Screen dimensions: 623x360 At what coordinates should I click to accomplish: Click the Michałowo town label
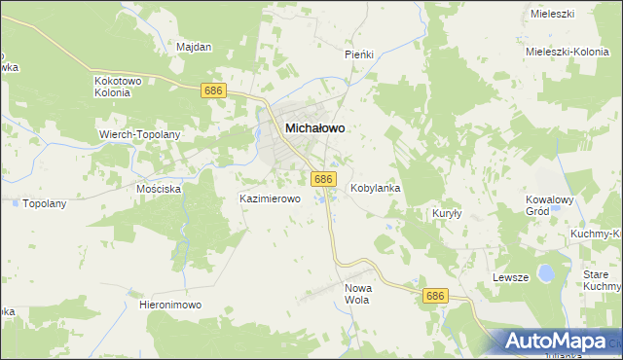click(x=314, y=127)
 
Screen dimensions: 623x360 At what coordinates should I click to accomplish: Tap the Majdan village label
click(x=194, y=46)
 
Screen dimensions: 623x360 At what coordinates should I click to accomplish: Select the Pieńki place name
click(x=359, y=54)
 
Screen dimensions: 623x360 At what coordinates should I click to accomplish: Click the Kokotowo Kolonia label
click(x=118, y=88)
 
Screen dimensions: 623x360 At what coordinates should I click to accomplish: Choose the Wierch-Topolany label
click(x=140, y=133)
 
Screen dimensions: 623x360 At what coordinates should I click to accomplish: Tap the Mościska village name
click(x=160, y=189)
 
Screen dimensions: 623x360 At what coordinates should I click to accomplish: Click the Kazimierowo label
click(x=271, y=198)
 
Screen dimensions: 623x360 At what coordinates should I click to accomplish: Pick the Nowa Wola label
click(x=360, y=295)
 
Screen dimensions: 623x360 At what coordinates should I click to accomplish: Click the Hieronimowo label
click(x=170, y=305)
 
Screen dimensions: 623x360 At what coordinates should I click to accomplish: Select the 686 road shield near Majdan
click(x=215, y=90)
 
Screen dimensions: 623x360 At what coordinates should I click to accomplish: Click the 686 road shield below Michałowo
click(x=324, y=179)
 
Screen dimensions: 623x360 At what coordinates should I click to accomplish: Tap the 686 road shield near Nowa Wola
click(x=435, y=296)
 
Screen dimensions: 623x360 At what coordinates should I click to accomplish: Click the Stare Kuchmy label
click(x=603, y=281)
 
